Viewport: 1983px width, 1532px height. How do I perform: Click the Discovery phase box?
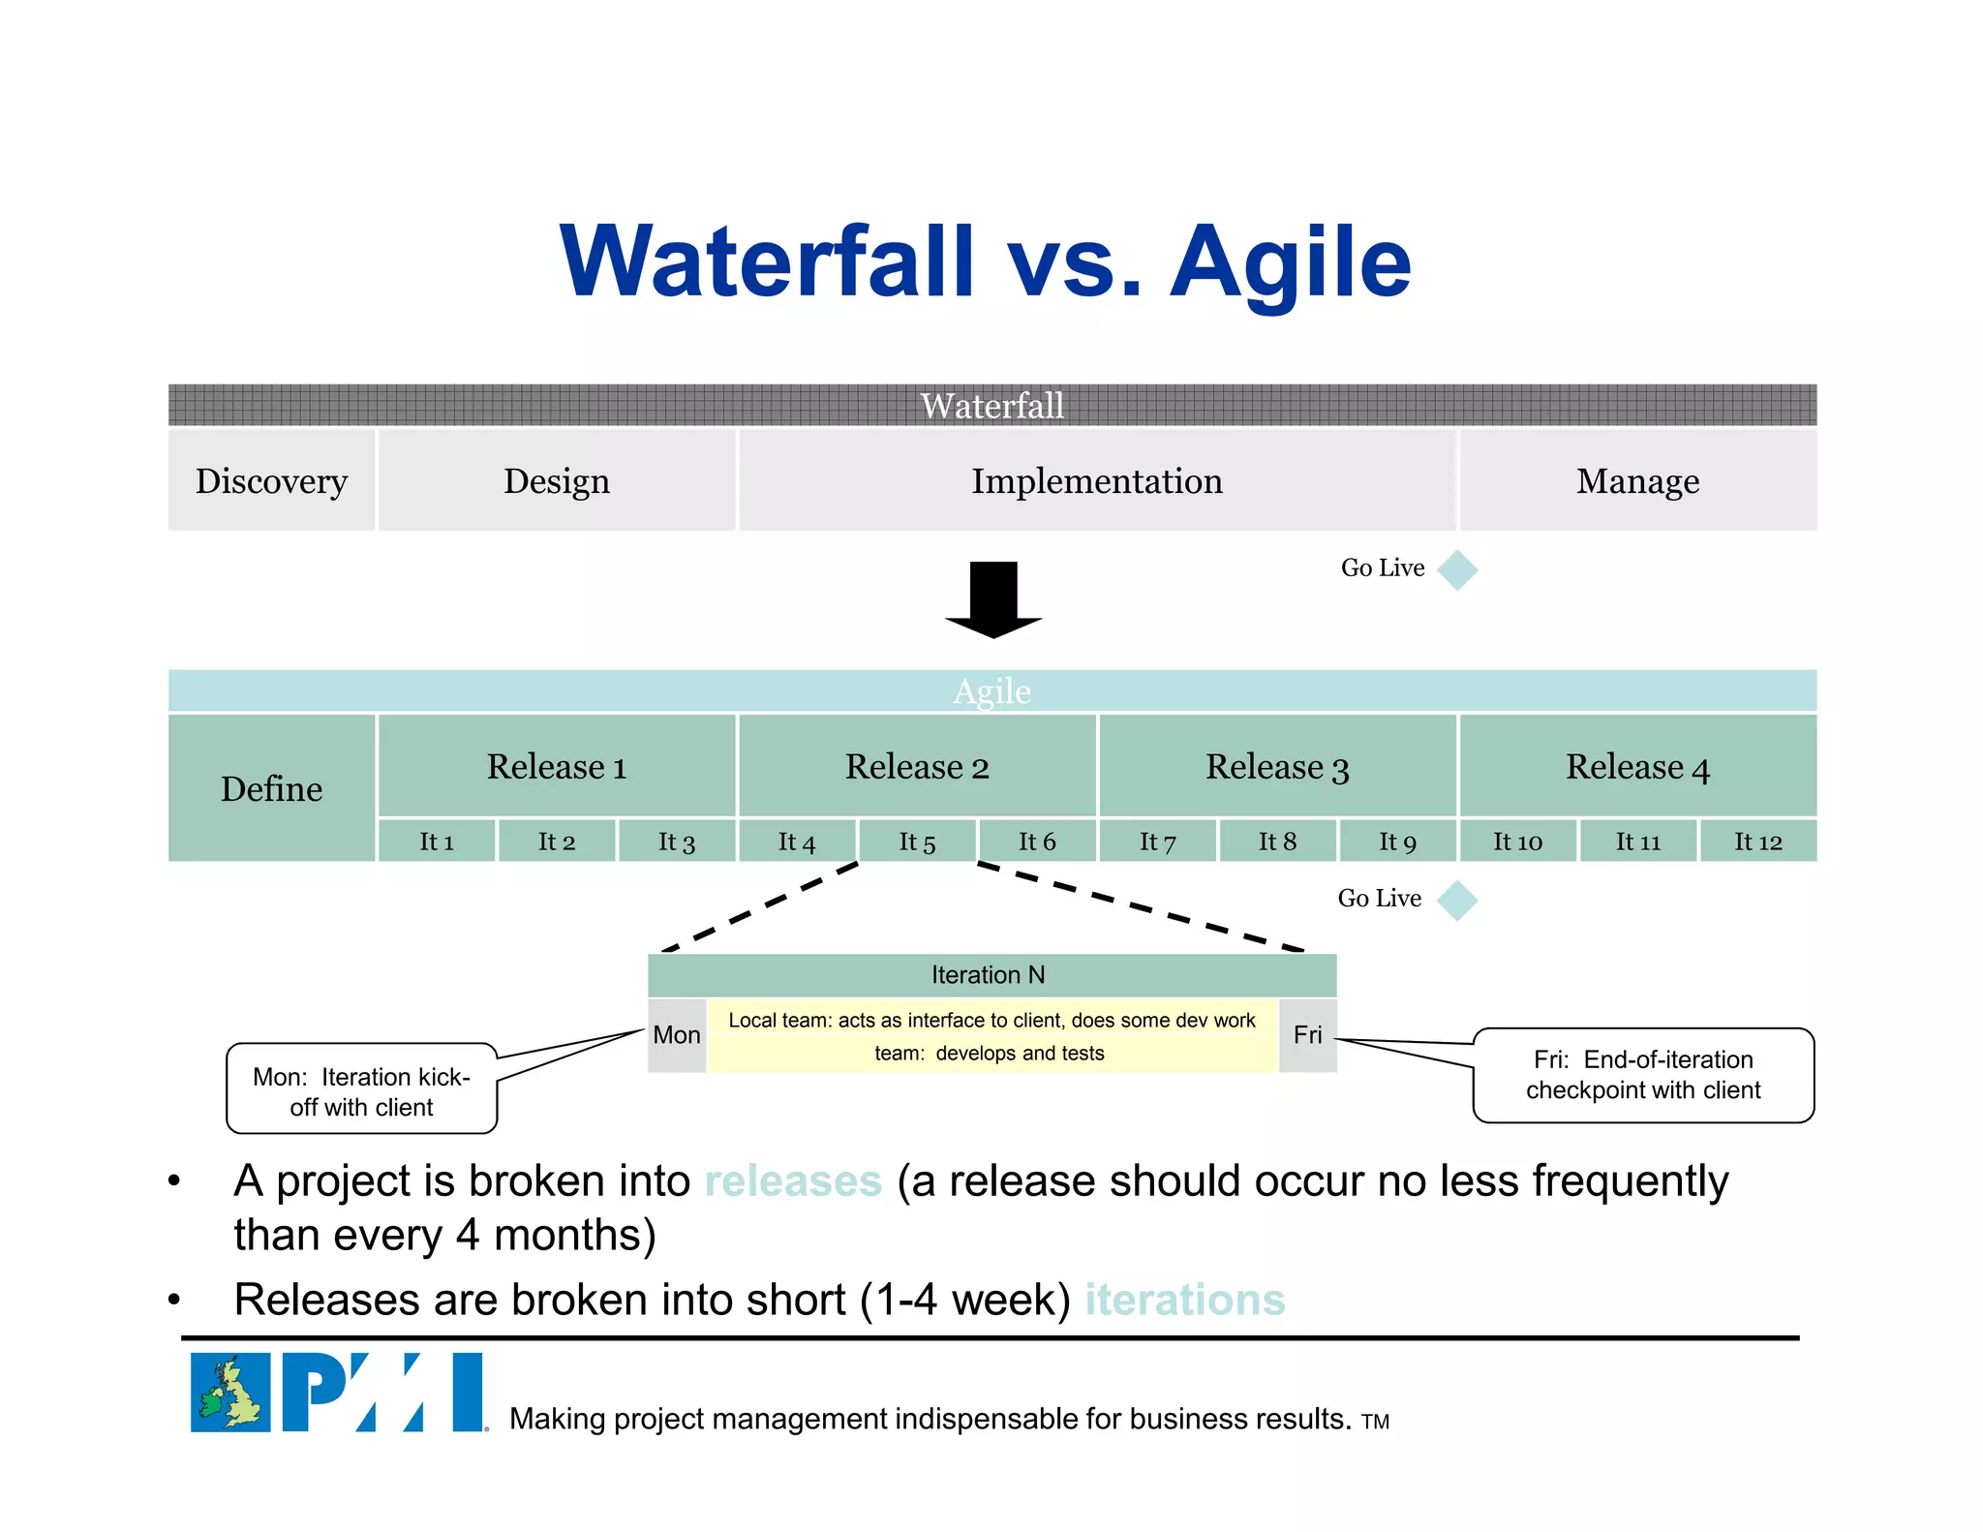(271, 480)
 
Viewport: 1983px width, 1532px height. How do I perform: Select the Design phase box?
(557, 480)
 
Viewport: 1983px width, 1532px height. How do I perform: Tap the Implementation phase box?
(1097, 480)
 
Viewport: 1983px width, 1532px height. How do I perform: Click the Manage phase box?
(1637, 480)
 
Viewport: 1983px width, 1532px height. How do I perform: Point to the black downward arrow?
(993, 598)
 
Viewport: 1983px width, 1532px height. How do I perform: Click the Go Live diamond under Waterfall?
(1457, 569)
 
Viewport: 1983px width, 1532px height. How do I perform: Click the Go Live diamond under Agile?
(1457, 900)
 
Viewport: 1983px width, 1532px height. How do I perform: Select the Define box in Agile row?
(271, 788)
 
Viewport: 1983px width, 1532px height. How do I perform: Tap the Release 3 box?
(1277, 766)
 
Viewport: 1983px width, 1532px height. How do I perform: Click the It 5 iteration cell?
(917, 841)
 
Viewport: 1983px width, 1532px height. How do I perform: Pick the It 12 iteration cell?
(1757, 841)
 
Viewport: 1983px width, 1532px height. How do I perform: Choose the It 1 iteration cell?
(437, 841)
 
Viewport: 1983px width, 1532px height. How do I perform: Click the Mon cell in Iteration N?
(676, 1035)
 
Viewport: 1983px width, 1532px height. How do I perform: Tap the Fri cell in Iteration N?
(1307, 1035)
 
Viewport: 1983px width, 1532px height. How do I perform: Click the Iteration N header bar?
(991, 975)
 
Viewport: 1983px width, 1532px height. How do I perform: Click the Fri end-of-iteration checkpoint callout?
(1642, 1075)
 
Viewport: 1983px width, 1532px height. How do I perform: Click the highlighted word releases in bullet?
(793, 1181)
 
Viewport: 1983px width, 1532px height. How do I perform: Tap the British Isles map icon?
(230, 1393)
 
